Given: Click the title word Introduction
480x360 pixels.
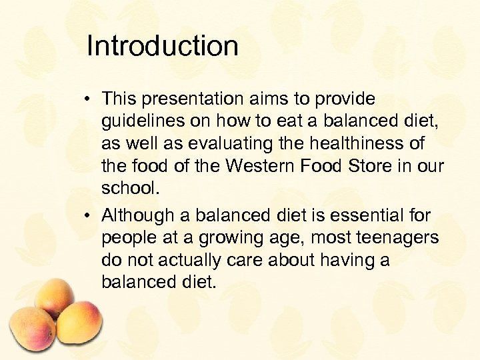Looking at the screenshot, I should click(x=162, y=47).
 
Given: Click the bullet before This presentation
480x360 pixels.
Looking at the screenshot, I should click(x=87, y=100).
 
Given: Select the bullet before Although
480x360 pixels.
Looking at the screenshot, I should click(x=87, y=216).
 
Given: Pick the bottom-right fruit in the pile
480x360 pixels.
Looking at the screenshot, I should click(x=78, y=324).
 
